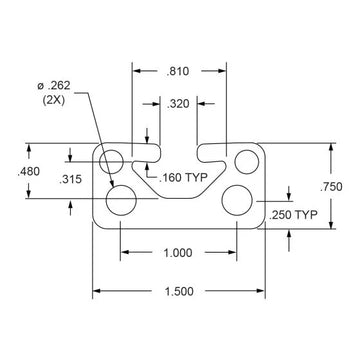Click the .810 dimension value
(180, 70)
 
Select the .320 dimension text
(179, 103)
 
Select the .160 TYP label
(185, 178)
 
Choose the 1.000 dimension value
(180, 254)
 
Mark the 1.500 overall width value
(180, 292)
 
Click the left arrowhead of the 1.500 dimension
(98, 292)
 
